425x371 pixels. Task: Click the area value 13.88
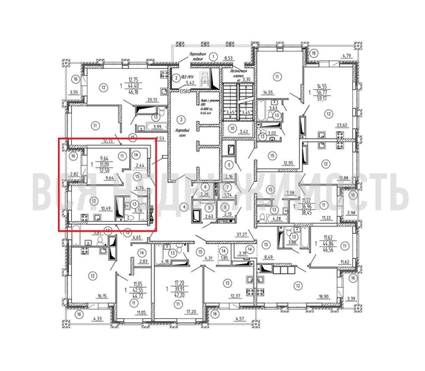342,178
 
